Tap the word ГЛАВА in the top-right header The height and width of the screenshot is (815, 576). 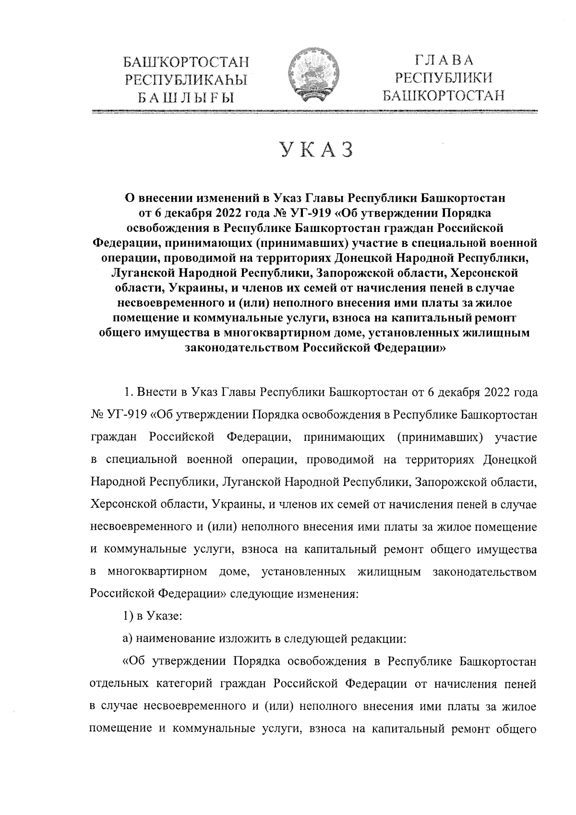click(444, 61)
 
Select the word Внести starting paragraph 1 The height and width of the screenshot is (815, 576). click(157, 392)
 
